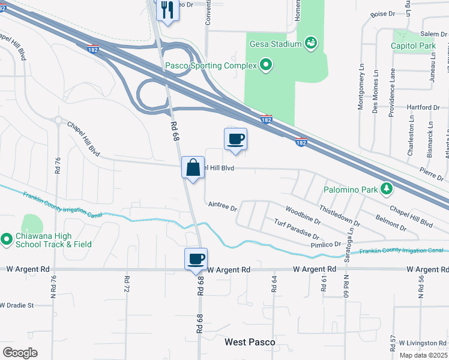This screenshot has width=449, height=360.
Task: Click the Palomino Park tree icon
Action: pos(387,190)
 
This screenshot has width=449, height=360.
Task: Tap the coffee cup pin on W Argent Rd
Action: pos(196,259)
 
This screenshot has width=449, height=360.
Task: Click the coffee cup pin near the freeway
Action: pos(235,139)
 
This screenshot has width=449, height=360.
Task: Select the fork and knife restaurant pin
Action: pos(166,10)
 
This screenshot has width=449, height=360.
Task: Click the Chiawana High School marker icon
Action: pos(7,240)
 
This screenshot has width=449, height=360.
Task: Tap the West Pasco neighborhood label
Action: pos(250,342)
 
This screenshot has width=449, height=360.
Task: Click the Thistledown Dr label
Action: pos(340,215)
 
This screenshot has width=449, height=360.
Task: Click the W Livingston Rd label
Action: pos(421,343)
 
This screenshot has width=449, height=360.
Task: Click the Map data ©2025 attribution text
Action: pos(423,355)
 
